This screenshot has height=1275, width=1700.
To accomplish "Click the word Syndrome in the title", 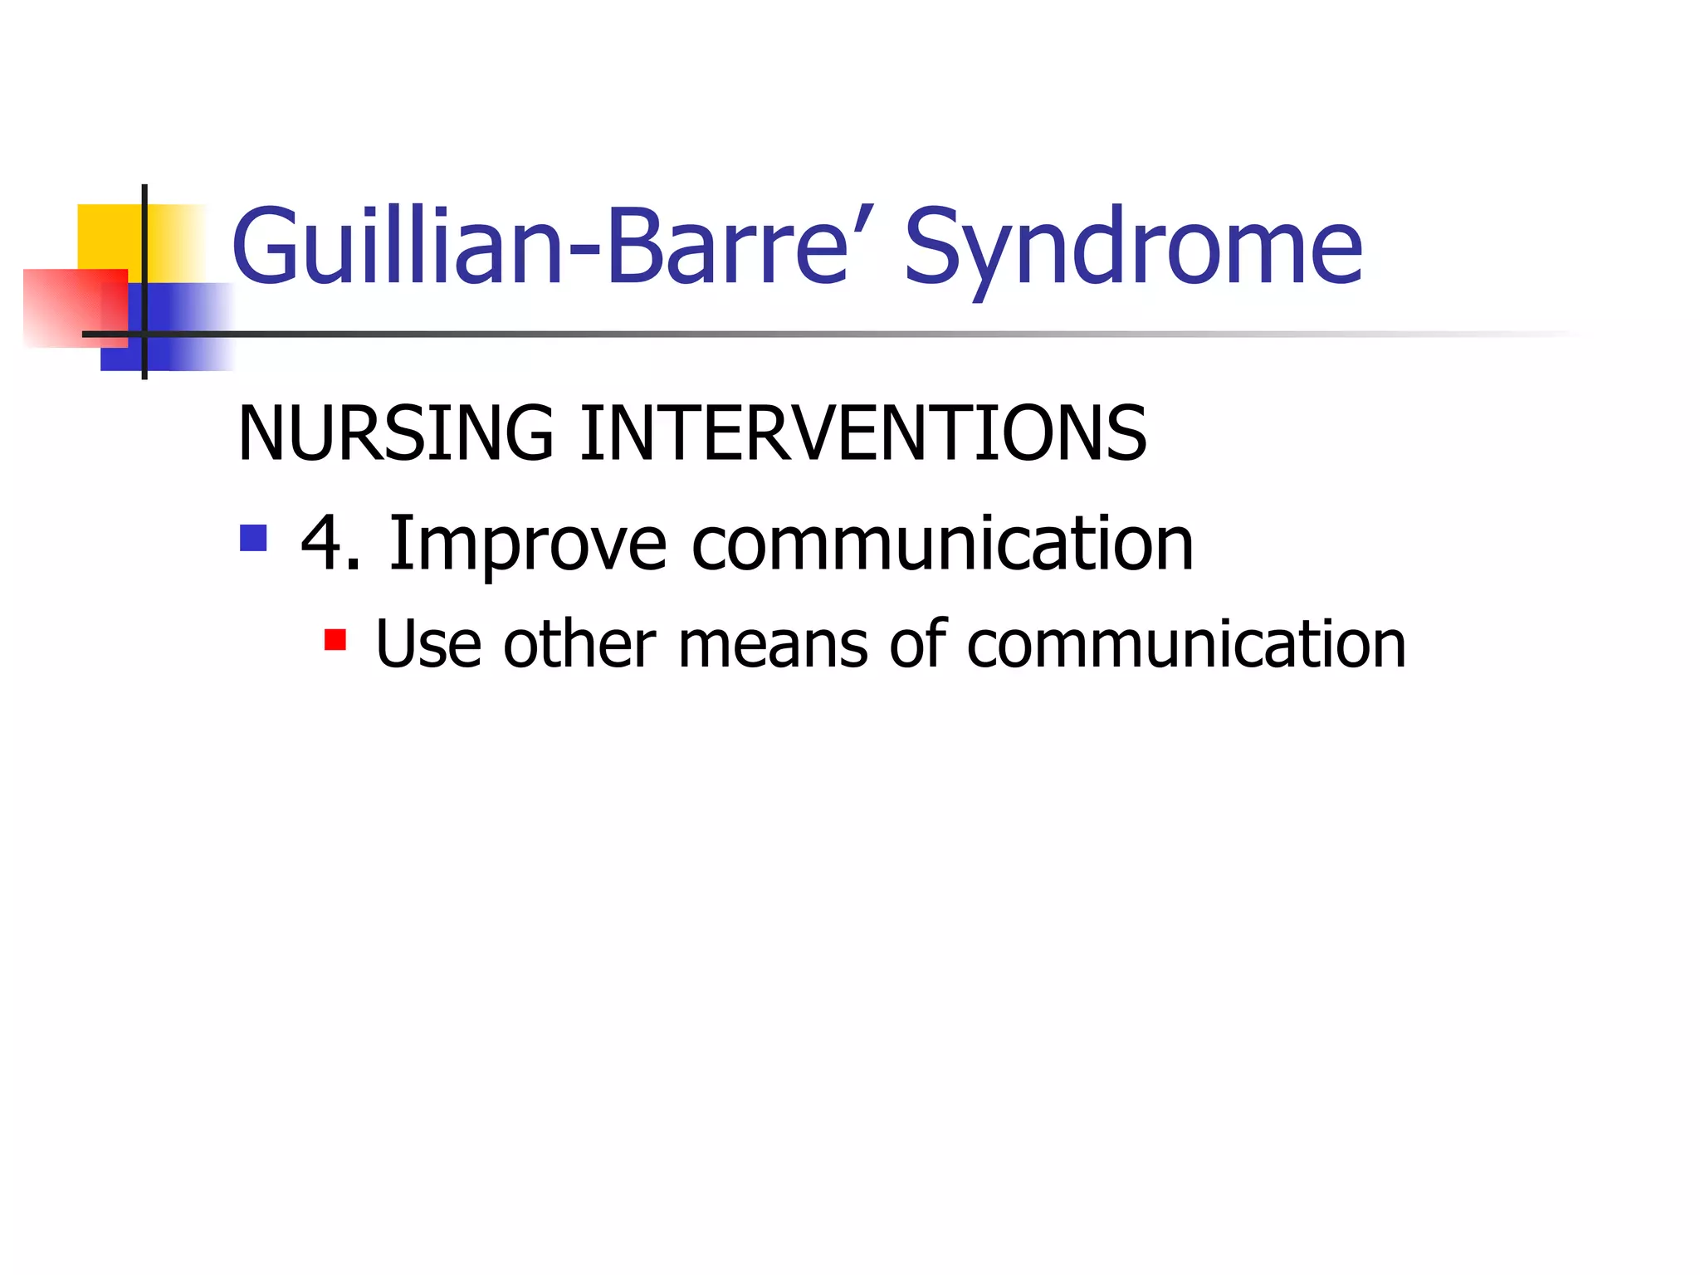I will pyautogui.click(x=1133, y=249).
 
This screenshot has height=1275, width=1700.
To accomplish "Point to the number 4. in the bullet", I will pyautogui.click(x=330, y=544).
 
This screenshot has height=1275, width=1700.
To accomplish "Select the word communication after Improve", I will pyautogui.click(x=942, y=544).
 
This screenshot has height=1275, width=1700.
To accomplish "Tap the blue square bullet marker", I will pyautogui.click(x=253, y=538).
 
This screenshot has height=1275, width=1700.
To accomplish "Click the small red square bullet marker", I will pyautogui.click(x=335, y=640).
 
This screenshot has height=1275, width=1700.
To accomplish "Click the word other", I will pyautogui.click(x=579, y=645).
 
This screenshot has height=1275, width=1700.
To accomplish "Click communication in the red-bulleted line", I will pyautogui.click(x=1186, y=645).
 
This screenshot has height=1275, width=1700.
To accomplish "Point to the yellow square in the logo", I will pyautogui.click(x=108, y=236).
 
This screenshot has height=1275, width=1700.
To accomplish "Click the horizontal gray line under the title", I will pyautogui.click(x=830, y=335).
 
